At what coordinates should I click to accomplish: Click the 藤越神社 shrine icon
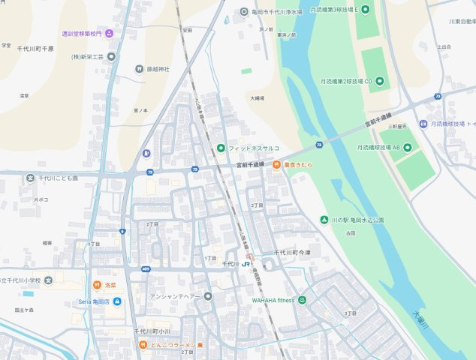[140, 69]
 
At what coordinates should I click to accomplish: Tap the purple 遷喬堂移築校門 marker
[110, 33]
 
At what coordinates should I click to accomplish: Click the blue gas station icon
[146, 154]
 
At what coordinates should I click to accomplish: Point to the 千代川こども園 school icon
[30, 178]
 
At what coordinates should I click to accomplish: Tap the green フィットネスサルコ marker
[221, 148]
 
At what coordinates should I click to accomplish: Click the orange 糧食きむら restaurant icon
[276, 164]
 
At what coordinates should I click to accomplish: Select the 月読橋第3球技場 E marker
[366, 9]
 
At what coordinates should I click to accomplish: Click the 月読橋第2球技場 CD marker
[379, 80]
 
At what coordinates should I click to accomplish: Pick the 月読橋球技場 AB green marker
[406, 148]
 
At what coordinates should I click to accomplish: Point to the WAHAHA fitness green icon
[302, 300]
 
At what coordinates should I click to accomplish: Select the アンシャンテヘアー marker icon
[208, 295]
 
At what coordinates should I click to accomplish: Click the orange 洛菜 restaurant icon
[97, 285]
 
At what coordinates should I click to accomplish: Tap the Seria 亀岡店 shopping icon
[117, 301]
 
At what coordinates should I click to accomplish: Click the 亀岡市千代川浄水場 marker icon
[244, 11]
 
